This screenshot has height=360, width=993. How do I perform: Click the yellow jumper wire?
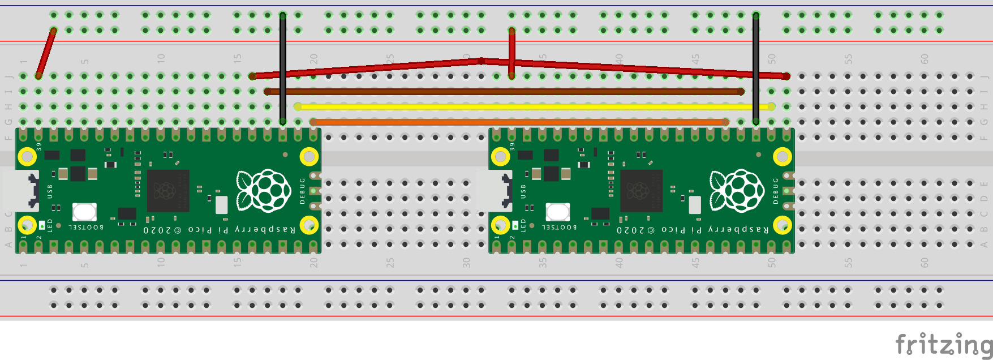532,106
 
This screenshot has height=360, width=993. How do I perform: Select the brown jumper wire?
504,91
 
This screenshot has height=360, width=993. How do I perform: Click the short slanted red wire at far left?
46,53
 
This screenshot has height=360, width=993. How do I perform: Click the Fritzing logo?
943,344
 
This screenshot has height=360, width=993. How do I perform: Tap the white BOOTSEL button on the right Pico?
557,212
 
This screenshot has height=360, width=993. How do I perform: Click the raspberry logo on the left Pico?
264,191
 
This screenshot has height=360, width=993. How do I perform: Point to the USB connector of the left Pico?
21,191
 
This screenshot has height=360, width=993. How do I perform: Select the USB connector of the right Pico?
494,191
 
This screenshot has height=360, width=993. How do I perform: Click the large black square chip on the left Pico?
167,191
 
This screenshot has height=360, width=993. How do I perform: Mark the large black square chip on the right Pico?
641,191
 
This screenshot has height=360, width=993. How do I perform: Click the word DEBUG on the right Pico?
776,191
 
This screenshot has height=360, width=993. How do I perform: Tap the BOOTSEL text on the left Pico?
86,227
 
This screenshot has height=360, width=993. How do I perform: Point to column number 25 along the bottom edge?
390,263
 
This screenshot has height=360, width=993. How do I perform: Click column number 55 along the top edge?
848,59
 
